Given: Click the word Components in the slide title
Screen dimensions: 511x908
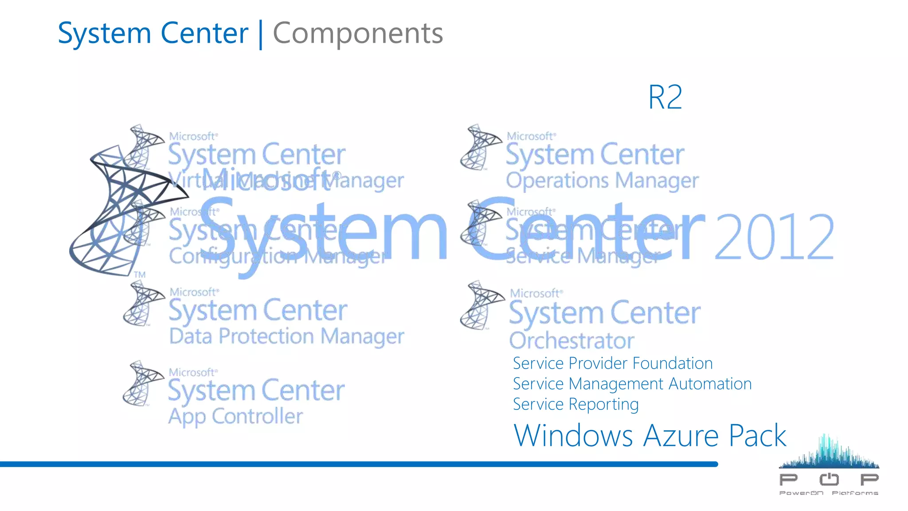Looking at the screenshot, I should coord(357,33).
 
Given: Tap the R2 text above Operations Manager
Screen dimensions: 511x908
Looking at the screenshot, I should coord(665,97).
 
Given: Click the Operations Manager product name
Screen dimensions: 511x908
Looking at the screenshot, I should coord(602,181).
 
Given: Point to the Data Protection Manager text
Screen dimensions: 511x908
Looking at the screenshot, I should coord(286,336).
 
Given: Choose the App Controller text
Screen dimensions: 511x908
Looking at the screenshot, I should coord(235,417).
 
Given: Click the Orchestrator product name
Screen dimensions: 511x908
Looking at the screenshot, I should coord(571,341).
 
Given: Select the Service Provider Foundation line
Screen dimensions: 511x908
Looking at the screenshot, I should coord(613,363).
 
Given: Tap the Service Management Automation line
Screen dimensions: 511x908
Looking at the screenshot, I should coord(632,384).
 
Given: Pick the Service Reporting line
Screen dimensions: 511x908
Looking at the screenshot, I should coord(575,404).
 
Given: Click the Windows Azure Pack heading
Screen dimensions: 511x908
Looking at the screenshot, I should coord(650,436).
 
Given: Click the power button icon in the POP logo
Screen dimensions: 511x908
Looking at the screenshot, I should coord(829,479).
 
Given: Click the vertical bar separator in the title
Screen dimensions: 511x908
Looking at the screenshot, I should coord(261,34).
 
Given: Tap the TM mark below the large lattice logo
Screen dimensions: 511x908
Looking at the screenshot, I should coord(140,275).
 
